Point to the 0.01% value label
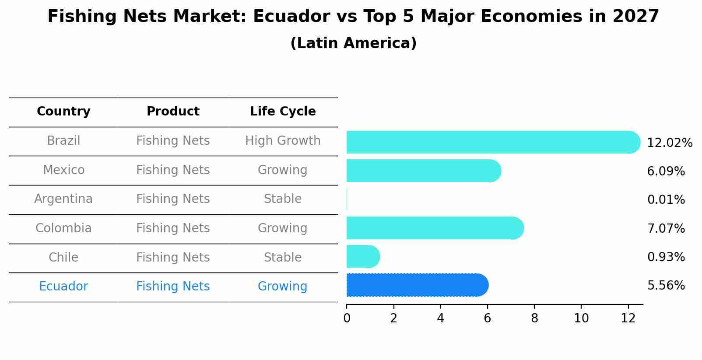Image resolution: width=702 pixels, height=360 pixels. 666,200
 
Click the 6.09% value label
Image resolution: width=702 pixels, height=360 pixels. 666,171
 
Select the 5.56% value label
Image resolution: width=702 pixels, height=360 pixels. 666,286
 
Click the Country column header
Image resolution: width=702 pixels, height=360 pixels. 63,112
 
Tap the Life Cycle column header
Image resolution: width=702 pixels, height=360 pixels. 283,112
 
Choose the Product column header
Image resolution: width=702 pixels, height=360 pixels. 173,112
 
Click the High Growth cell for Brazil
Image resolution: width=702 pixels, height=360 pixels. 283,141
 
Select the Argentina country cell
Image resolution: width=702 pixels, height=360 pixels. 63,199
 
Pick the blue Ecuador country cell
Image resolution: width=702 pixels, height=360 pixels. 63,287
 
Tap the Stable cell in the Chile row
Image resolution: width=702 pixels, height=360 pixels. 283,257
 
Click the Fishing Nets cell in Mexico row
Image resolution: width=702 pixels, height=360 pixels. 173,170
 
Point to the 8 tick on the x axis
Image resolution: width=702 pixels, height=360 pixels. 534,318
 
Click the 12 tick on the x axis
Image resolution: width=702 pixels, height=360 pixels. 628,318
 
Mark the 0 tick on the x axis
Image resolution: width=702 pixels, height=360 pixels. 347,318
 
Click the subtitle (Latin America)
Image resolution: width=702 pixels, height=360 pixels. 353,43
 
